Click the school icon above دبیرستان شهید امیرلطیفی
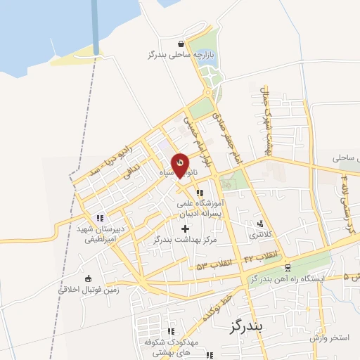point(101,217)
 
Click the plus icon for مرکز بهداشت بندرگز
point(185,229)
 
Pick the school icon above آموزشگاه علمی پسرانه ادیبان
point(200,193)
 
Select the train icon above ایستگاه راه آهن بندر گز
point(288,268)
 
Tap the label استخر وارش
point(329,338)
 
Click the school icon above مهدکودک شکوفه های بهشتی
point(170,330)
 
